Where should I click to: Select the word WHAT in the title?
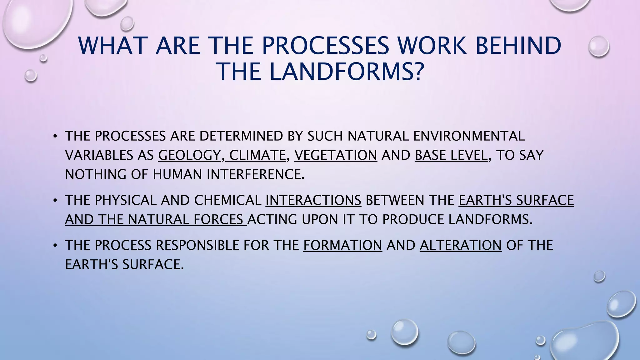click(x=113, y=46)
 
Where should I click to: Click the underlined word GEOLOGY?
click(x=189, y=155)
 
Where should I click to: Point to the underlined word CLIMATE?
click(x=257, y=155)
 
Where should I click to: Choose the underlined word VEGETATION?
click(x=336, y=155)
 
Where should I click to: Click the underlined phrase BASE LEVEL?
click(x=451, y=155)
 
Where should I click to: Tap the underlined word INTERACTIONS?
click(x=313, y=200)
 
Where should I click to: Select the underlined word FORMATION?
click(x=342, y=245)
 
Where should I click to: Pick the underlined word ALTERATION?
click(x=460, y=245)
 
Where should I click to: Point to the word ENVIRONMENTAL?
click(x=469, y=136)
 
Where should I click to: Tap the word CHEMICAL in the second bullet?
click(x=227, y=200)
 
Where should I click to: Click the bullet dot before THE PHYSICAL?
click(x=55, y=200)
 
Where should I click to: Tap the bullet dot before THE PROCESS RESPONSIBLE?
click(x=55, y=245)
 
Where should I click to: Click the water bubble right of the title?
click(x=598, y=46)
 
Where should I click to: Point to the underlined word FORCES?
click(x=218, y=219)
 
